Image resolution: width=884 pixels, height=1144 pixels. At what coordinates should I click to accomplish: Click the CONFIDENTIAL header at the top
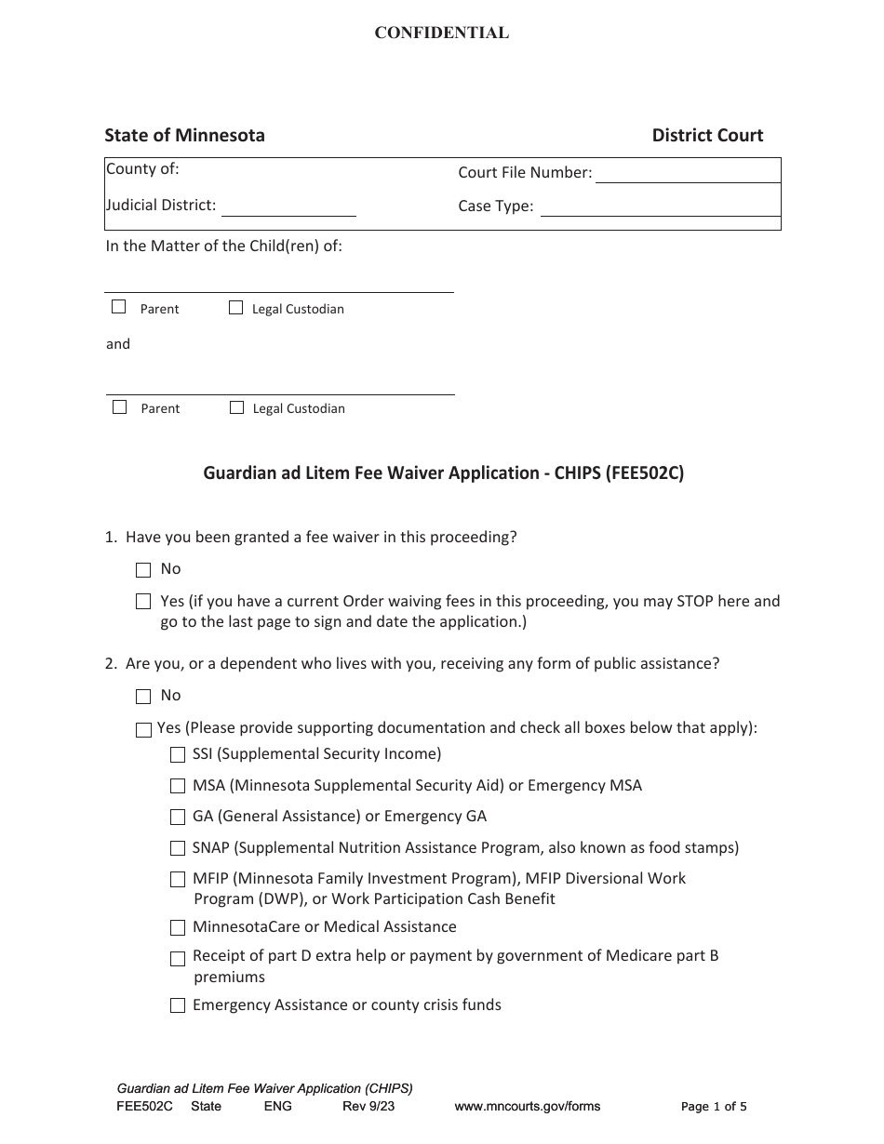coord(441,33)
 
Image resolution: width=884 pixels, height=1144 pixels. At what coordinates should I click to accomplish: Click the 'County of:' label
coord(142,169)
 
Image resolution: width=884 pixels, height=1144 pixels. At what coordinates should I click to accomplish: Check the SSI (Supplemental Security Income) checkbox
coord(178,754)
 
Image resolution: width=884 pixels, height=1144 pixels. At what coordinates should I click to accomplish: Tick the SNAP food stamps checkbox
coord(178,848)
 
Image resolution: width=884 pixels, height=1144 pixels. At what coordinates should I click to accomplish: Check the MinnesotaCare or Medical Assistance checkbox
coord(178,927)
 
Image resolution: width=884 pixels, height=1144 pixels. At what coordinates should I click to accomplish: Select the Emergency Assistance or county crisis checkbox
coord(178,1005)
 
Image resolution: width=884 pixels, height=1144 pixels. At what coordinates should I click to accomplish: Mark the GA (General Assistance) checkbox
coord(178,817)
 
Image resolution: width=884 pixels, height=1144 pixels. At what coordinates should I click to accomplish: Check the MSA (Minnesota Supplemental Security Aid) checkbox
coord(178,786)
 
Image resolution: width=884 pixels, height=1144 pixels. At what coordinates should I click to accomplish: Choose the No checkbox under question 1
coord(143,569)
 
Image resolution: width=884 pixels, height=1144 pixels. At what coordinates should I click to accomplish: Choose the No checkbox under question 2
coord(143,696)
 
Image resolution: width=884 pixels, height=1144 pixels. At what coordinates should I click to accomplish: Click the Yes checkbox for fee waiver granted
coord(143,602)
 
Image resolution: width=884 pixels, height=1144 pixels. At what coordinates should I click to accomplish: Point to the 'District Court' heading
coord(707,136)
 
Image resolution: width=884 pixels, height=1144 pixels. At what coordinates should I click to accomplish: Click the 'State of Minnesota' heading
coord(184,136)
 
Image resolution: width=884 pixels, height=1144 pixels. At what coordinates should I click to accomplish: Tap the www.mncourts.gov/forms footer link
coord(527,1107)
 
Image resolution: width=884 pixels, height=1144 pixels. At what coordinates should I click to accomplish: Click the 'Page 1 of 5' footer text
coord(714,1107)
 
